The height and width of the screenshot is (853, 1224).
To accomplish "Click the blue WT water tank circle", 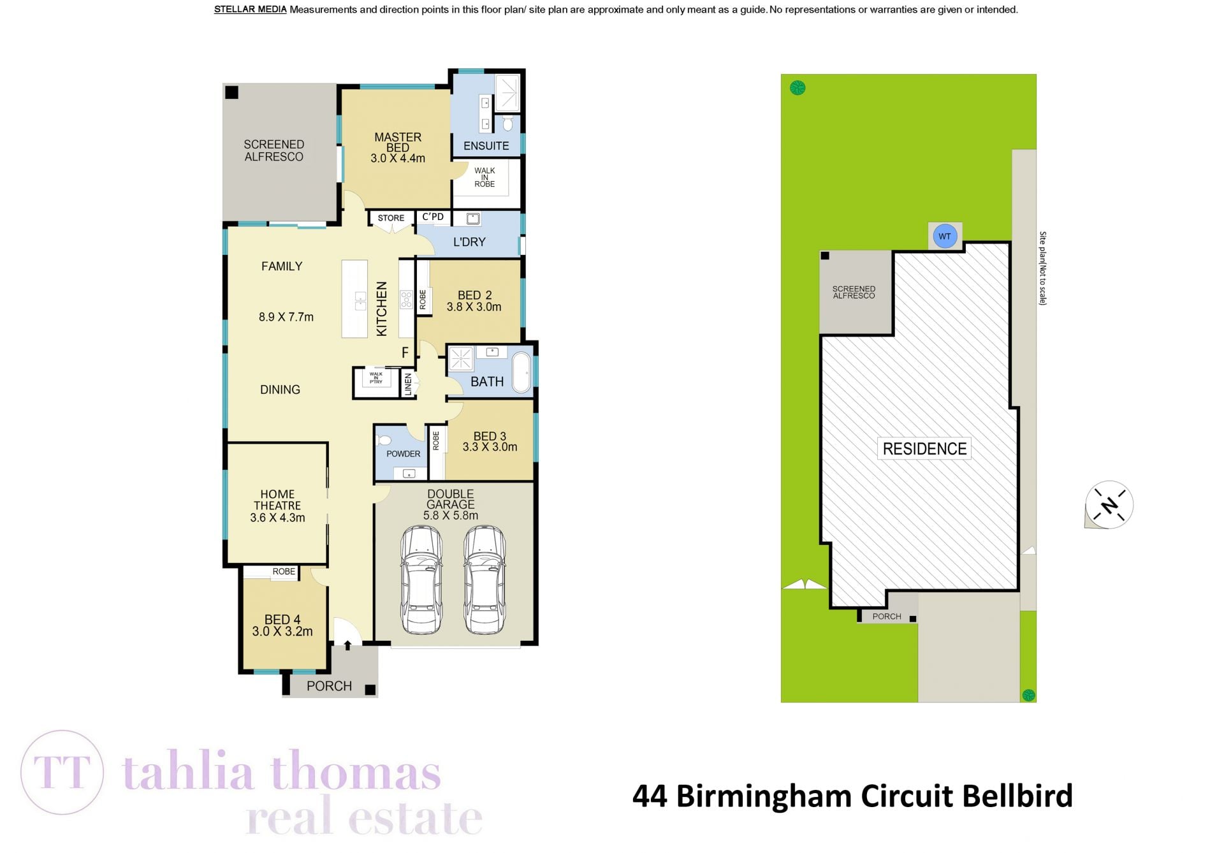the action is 944,237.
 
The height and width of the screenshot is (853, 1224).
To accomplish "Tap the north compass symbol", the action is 1109,505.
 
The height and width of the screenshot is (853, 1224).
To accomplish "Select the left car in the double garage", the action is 421,580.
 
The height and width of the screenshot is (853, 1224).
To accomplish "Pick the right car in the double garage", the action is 484,580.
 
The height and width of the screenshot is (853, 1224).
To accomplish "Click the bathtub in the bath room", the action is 521,372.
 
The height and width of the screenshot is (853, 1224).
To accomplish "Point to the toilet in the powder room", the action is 384,440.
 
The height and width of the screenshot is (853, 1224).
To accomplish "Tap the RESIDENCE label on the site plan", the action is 924,449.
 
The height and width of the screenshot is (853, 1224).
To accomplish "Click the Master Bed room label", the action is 398,142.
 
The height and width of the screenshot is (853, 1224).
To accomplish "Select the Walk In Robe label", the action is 484,177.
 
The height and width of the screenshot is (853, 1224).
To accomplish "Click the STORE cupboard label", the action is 391,218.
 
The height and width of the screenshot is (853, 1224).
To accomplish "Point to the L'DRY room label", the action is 469,242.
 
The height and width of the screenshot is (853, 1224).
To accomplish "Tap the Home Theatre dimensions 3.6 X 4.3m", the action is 277,518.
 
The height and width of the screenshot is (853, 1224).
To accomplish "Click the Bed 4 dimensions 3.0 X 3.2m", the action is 282,632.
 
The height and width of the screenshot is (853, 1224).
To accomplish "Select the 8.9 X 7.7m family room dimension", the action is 286,317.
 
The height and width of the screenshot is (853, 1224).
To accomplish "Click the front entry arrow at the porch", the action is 347,645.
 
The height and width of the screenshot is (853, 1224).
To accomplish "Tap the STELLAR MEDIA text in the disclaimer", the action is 250,10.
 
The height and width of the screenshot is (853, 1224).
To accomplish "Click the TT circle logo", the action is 62,772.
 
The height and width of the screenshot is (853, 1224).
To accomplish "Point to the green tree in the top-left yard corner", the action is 798,88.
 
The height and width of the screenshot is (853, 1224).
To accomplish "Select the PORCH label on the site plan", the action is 887,616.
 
